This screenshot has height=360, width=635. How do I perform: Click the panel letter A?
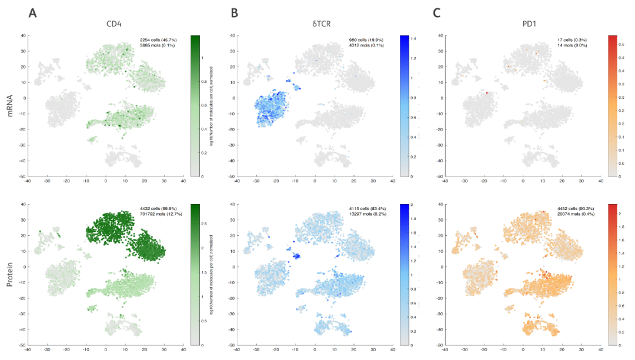point(33,12)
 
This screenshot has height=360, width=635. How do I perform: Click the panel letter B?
point(235,12)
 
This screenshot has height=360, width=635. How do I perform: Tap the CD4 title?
point(113,25)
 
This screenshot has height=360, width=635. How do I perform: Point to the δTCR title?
point(320,25)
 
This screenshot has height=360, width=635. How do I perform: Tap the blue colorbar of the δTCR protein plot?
point(404,275)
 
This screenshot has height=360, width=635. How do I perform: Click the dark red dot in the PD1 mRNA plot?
point(487,93)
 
